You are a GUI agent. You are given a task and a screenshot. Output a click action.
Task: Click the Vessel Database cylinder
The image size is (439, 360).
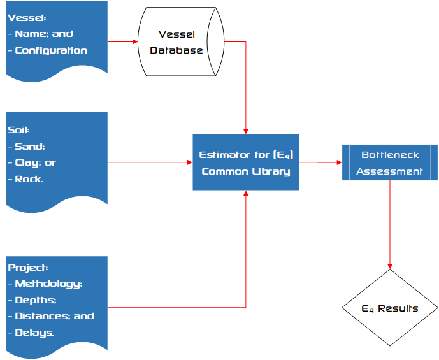[181, 42]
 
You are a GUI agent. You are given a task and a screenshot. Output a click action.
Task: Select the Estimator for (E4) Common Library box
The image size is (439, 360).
[246, 162]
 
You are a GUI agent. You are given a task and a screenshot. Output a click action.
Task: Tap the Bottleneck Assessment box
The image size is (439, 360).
[389, 162]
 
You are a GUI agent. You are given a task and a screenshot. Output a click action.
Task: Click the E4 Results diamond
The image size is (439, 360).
[389, 308]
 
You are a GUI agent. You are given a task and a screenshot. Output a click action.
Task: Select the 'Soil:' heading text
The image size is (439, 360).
[18, 130]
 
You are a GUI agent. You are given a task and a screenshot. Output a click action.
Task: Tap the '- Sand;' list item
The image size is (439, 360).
[26, 147]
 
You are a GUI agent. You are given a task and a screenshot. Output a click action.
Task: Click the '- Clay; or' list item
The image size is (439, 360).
[32, 162]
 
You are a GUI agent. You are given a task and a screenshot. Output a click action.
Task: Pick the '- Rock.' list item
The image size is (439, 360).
[26, 179]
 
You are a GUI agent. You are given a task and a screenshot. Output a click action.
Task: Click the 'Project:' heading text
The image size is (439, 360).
[28, 267]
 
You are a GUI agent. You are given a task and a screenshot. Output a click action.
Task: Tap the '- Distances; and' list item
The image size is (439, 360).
[50, 316]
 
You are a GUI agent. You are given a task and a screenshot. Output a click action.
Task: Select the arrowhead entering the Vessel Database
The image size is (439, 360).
[134, 42]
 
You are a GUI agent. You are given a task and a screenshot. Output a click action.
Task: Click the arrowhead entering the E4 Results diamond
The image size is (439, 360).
[389, 265]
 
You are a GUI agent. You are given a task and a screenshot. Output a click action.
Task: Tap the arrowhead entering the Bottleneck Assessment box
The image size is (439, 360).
[338, 162]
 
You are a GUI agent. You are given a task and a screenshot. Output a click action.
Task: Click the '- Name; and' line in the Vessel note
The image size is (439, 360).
[40, 34]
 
